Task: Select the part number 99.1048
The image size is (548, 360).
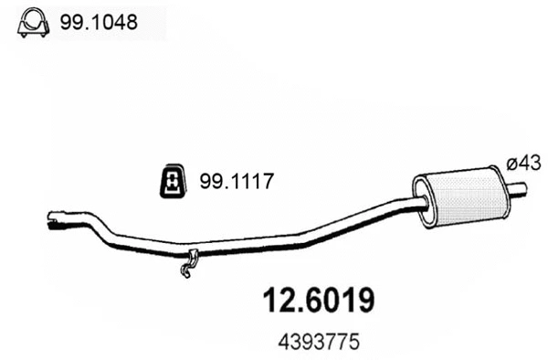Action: [x=98, y=21]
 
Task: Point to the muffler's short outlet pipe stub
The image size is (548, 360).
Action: [x=518, y=189]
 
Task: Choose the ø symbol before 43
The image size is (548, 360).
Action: [x=511, y=164]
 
